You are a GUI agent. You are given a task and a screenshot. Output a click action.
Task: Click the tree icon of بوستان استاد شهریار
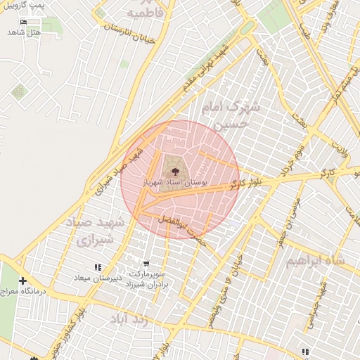click(x=172, y=170)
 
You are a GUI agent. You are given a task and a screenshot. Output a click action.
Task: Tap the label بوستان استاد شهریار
click(x=175, y=182)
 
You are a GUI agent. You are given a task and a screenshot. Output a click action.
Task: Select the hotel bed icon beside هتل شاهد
click(x=25, y=22)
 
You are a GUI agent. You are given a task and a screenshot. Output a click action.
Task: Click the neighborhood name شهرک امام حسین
click(x=231, y=115)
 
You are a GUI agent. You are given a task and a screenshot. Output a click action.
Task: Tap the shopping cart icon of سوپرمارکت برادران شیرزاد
click(x=146, y=264)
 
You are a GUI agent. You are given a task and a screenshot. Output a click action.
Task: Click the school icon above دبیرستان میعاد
click(x=98, y=267)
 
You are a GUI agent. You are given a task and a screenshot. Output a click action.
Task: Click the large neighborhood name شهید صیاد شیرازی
click(x=95, y=231)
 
